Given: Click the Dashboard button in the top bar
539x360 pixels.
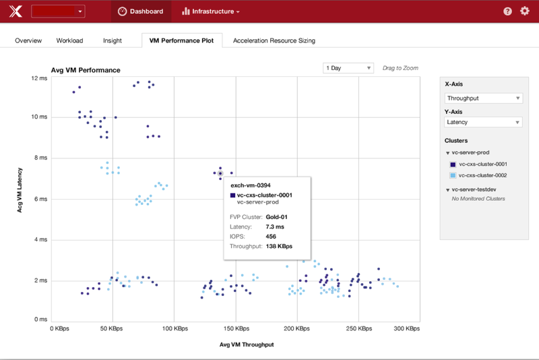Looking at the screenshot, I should click(141, 11).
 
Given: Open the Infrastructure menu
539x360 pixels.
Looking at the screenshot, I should click(211, 11).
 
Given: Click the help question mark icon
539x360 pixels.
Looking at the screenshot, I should click(507, 11).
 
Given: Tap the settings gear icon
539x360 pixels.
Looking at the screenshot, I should click(525, 11).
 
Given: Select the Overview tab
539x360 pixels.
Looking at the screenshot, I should click(28, 40).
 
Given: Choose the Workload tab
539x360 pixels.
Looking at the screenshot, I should click(69, 40).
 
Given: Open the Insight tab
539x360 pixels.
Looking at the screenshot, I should click(113, 40).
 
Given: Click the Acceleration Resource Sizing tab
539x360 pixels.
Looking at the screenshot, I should click(274, 40).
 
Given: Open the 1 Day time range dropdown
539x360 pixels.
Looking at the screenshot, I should click(348, 68).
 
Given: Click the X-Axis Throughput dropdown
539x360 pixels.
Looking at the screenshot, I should click(483, 98).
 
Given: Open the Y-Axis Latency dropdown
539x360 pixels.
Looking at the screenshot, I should click(483, 122).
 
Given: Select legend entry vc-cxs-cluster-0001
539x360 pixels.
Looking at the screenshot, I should click(482, 164).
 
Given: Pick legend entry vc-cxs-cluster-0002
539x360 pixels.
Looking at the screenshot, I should click(482, 175).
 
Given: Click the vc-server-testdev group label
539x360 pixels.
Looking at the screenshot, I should click(479, 190).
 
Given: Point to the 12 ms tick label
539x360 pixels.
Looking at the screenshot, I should click(39, 78).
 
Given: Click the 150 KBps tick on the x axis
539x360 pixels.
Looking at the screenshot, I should click(236, 329).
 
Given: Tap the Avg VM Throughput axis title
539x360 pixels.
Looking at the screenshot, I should click(247, 344).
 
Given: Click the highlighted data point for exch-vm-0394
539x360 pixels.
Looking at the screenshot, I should click(220, 173).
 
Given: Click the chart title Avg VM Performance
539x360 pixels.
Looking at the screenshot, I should click(86, 70).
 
